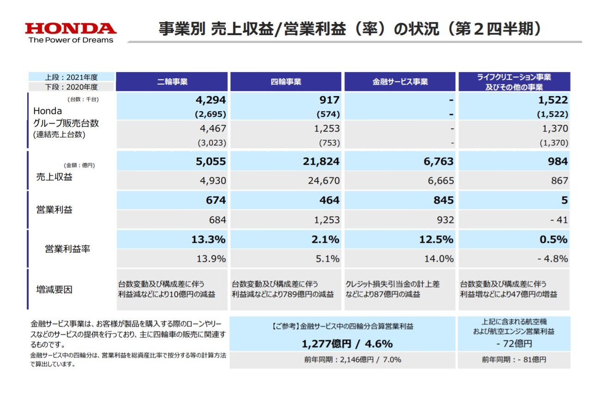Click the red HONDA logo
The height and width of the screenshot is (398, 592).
point(71,29)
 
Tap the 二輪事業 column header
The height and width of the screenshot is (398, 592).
point(172,82)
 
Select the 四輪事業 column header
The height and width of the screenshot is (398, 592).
point(286,82)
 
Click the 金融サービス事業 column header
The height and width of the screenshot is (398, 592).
point(400,82)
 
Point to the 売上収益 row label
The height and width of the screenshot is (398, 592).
point(55,177)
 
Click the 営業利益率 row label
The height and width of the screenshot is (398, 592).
point(68,249)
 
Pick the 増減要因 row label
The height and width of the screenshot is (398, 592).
point(55,290)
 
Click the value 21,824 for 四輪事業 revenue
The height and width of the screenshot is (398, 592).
point(324,161)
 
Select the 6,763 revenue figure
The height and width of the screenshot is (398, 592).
point(438,161)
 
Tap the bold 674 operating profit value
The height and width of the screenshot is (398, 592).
point(216,200)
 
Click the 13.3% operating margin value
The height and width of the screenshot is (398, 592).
point(209,239)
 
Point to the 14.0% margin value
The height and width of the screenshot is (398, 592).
point(439,259)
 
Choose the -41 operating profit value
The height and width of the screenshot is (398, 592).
point(559,220)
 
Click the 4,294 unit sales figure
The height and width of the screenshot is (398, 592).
point(211,100)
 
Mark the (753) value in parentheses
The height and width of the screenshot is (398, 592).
point(329,143)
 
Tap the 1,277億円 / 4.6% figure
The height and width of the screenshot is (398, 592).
point(347,343)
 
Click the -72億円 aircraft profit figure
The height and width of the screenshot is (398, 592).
point(514,343)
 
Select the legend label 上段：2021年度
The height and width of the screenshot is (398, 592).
point(72,77)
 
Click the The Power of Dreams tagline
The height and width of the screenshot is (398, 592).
point(71,40)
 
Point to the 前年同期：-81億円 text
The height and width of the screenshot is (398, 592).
point(514,360)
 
